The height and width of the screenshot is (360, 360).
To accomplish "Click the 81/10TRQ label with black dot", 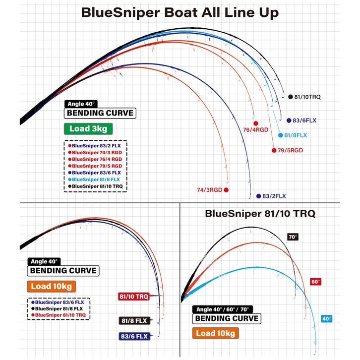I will [x=307, y=97].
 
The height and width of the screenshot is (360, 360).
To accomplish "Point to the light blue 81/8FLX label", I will [x=296, y=135].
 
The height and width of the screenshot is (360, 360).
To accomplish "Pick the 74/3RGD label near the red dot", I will [x=210, y=190].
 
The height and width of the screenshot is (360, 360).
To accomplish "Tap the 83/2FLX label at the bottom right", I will [x=274, y=196].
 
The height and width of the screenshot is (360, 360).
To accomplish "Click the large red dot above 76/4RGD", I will [x=255, y=123].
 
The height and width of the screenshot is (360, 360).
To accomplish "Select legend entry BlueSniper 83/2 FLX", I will [x=96, y=146].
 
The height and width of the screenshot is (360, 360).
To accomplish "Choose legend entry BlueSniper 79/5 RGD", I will [x=96, y=166].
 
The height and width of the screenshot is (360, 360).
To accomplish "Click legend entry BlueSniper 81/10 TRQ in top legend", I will [x=97, y=186].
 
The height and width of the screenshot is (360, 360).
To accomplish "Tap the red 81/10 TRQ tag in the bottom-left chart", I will [x=134, y=297].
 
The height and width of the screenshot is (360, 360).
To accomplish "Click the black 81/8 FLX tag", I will [x=134, y=320].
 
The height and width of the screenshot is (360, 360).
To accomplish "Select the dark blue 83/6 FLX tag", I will [x=134, y=336].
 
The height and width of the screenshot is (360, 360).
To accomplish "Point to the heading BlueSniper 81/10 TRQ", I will [x=260, y=214].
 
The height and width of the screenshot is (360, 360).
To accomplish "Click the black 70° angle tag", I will [x=293, y=237].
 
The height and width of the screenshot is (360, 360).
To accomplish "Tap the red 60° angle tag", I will [x=315, y=281].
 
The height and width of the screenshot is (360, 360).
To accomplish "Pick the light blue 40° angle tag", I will [x=327, y=319].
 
